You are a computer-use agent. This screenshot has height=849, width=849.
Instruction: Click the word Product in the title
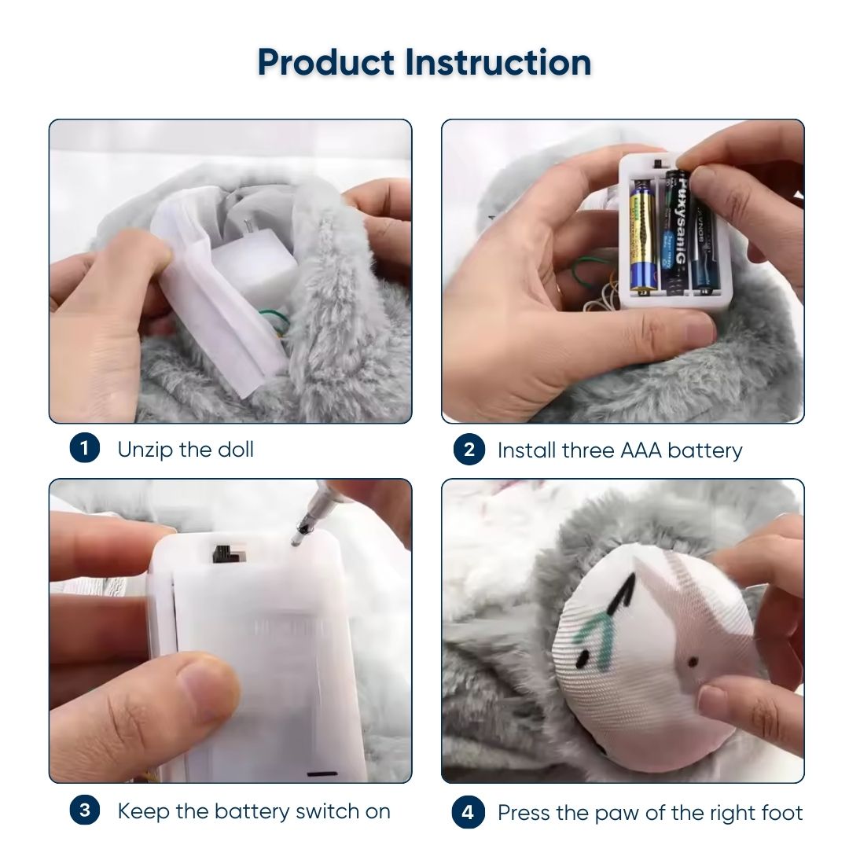pos(325,62)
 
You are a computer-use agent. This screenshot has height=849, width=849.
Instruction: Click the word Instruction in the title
pos(498,62)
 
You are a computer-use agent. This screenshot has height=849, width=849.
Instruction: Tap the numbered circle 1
pos(84,448)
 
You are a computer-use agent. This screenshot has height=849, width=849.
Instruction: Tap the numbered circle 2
pos(469,450)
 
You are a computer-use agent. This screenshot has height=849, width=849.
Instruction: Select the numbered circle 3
pos(84,810)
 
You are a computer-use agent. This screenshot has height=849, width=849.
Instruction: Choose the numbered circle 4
pos(467,811)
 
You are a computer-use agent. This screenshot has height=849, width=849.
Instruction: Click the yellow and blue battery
pos(642,238)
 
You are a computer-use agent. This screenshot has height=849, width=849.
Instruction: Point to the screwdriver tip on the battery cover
pos(296,540)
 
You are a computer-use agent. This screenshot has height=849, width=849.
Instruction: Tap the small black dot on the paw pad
pos(693,662)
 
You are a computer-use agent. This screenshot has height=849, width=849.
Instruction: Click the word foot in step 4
pos(778,813)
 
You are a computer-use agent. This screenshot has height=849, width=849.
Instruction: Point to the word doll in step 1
pos(235,450)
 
